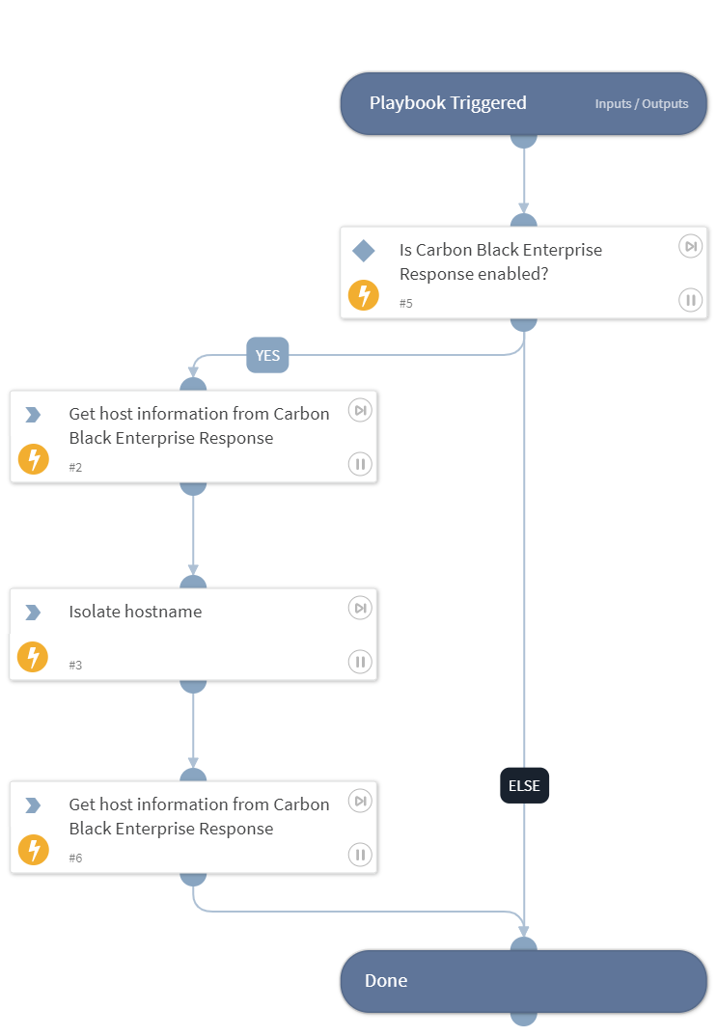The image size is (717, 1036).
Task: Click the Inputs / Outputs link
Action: point(642,103)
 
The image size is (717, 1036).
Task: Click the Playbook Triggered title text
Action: point(448,103)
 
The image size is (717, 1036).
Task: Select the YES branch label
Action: point(267,355)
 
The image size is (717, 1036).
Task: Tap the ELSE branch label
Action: point(524,785)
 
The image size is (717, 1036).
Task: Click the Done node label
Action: point(386,980)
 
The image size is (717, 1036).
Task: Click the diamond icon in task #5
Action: point(364,251)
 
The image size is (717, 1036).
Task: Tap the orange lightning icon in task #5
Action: point(364,295)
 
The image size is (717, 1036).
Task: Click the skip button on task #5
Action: point(690,246)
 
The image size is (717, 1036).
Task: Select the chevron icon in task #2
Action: point(33,415)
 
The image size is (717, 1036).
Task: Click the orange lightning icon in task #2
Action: point(33,459)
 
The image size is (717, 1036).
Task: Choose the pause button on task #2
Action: point(360,464)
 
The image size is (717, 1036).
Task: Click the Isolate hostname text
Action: point(135,612)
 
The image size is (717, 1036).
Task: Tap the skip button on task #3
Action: point(360,608)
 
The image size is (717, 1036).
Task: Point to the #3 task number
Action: point(75,665)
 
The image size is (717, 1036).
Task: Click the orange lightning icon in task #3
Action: point(33,658)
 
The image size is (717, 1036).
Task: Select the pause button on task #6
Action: point(360,854)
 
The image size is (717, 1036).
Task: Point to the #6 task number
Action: point(75,858)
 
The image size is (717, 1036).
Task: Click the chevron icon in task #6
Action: point(33,804)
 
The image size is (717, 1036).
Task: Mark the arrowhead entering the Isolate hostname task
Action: point(193,570)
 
